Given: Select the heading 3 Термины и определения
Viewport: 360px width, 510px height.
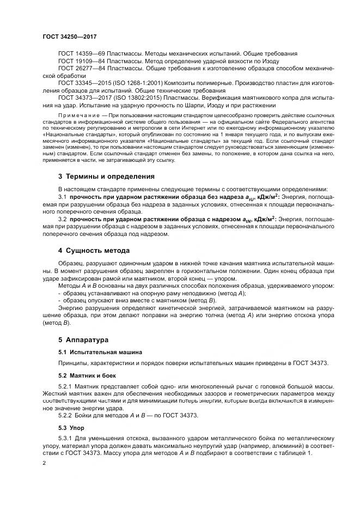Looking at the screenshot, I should pos(106,177).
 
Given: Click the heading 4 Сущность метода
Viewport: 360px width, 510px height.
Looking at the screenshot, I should pos(94,251).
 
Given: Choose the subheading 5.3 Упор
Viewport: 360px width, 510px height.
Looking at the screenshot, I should pos(69,428).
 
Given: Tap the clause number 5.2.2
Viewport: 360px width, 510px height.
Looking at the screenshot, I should pos(66,416).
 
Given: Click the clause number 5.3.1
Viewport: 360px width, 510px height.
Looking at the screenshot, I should pos(66,439).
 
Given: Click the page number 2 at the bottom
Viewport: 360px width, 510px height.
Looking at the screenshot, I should pos(44,463).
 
